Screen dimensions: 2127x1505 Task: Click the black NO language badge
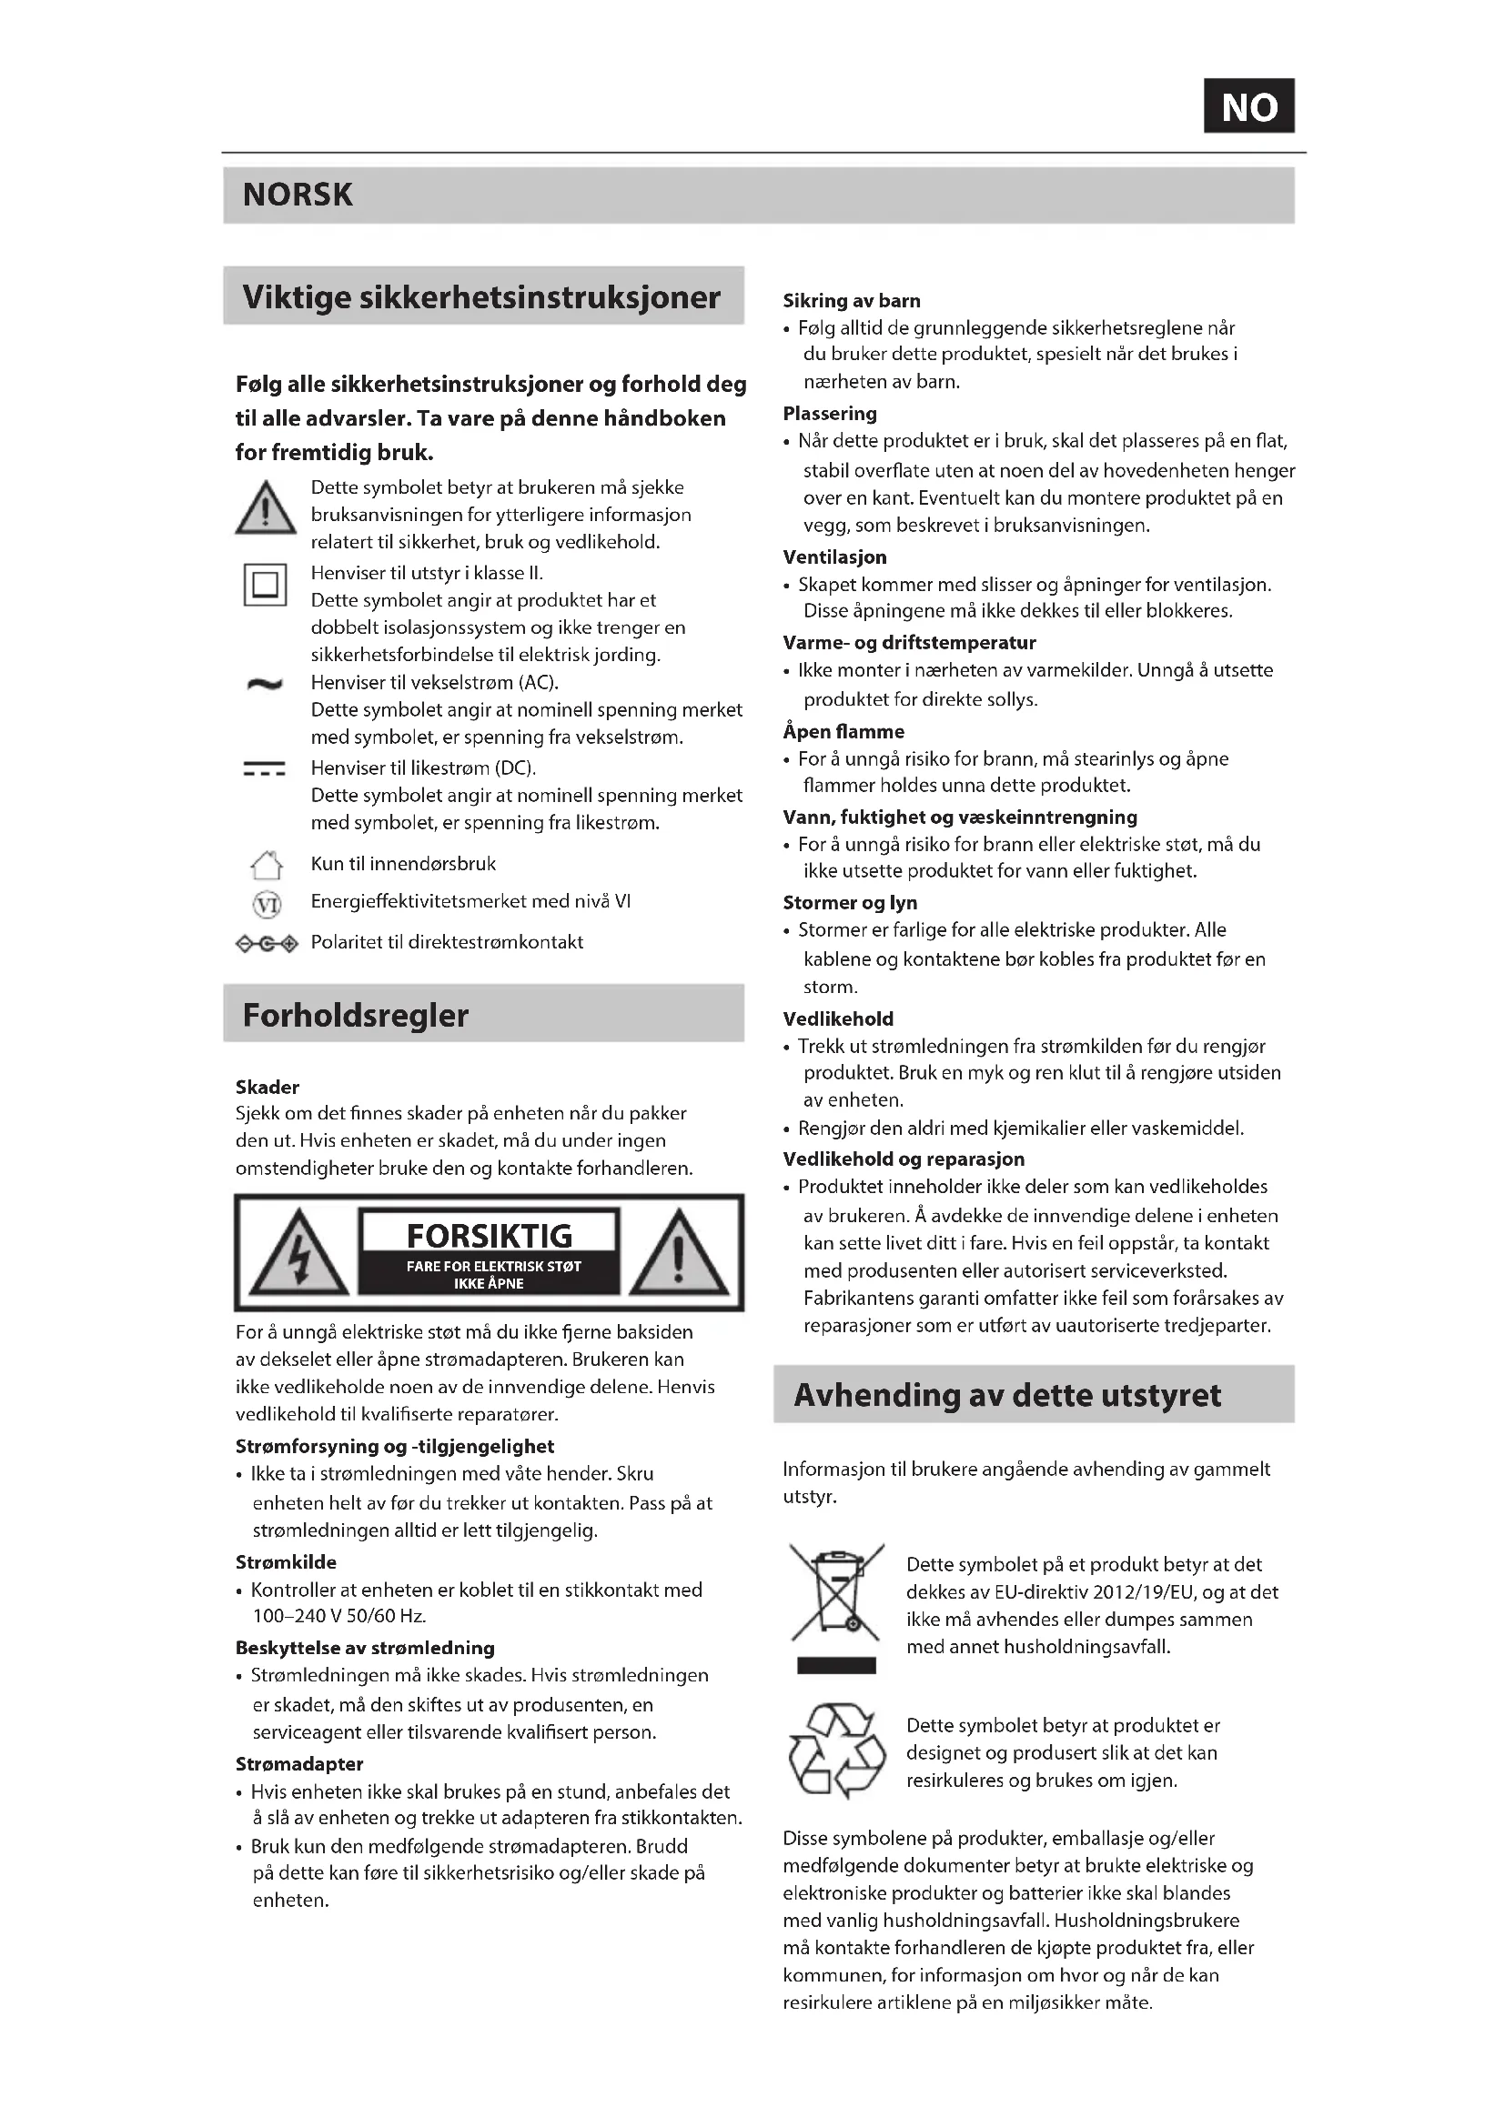[x=1248, y=106]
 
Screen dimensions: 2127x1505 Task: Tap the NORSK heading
[x=298, y=195]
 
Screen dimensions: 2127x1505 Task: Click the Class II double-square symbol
[x=265, y=585]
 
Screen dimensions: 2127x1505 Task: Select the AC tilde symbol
[x=265, y=685]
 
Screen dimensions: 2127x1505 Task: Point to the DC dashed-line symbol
[x=264, y=769]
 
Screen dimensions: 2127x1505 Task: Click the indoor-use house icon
[x=267, y=865]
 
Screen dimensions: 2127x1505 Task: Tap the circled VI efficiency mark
[x=267, y=903]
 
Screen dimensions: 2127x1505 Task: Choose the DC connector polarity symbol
[x=267, y=944]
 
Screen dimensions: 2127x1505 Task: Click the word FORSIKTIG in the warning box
[x=490, y=1236]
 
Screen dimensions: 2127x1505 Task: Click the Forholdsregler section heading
[x=356, y=1016]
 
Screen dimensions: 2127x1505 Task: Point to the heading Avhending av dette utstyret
[x=1007, y=1395]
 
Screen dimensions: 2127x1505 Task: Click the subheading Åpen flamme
[x=843, y=732]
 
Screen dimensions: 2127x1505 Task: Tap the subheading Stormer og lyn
[x=850, y=903]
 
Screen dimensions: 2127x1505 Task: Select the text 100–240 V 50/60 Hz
[x=339, y=1617]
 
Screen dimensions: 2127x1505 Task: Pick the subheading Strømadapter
[x=299, y=1764]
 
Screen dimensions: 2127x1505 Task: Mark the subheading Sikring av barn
[x=852, y=301]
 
